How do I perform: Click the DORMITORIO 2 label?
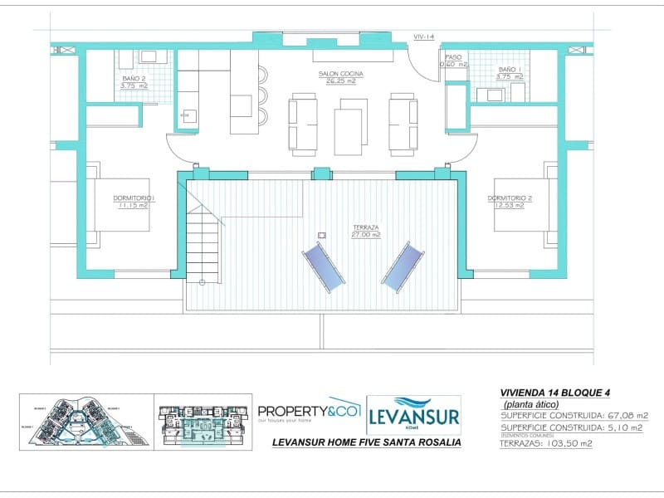click(x=510, y=202)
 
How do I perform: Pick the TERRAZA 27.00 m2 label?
click(x=365, y=231)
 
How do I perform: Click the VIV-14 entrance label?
click(x=424, y=37)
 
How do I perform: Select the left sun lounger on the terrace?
click(x=323, y=266)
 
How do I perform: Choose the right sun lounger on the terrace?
click(x=401, y=266)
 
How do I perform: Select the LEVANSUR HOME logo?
click(x=413, y=414)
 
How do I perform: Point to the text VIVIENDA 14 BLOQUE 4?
click(x=560, y=393)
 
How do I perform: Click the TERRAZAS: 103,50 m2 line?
click(x=546, y=443)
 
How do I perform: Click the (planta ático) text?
click(x=537, y=404)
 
